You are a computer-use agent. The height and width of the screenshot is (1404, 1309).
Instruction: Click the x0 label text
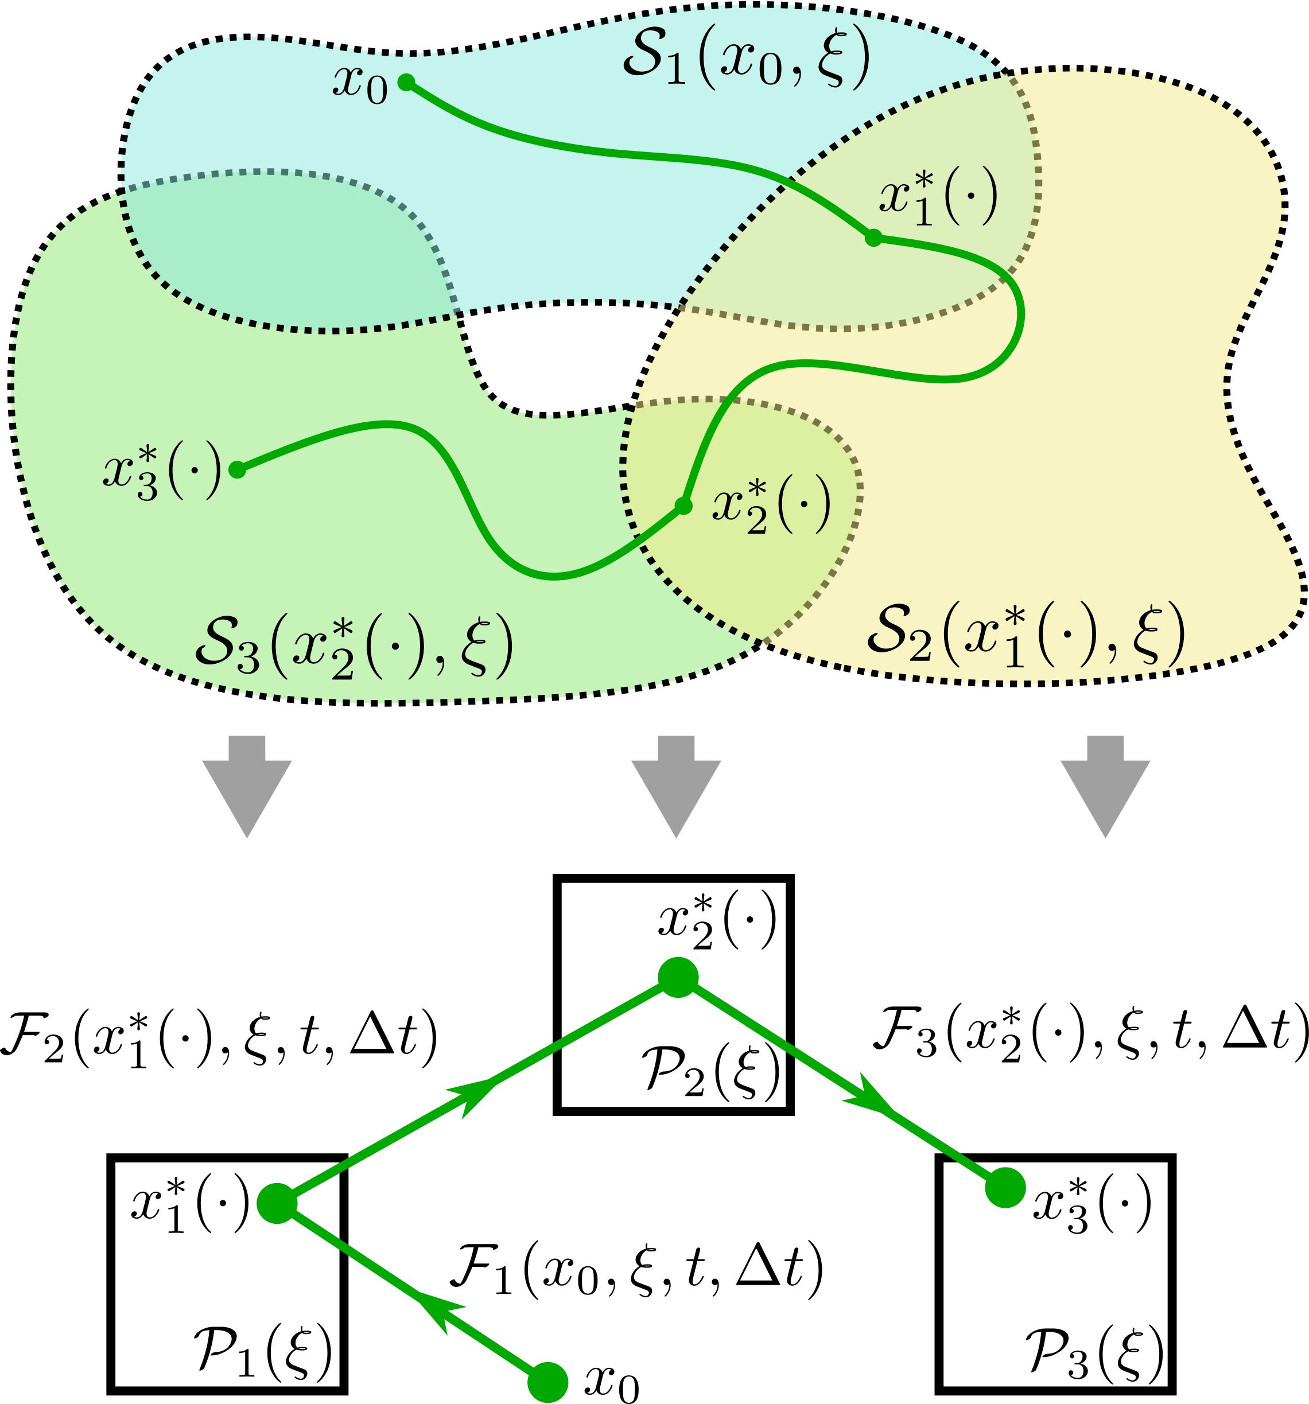point(360,85)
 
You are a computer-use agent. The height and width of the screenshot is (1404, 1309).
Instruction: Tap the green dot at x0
point(406,83)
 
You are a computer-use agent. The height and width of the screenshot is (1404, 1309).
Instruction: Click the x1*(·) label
point(938,199)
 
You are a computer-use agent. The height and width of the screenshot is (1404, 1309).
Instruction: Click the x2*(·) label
point(771,507)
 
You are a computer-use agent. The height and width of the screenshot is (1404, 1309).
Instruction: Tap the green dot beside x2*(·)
point(682,505)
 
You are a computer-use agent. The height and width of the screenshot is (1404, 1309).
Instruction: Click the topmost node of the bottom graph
point(678,978)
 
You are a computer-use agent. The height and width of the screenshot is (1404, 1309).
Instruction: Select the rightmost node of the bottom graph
point(1005,1188)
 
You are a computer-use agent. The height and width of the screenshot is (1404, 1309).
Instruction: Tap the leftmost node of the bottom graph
point(276,1203)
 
